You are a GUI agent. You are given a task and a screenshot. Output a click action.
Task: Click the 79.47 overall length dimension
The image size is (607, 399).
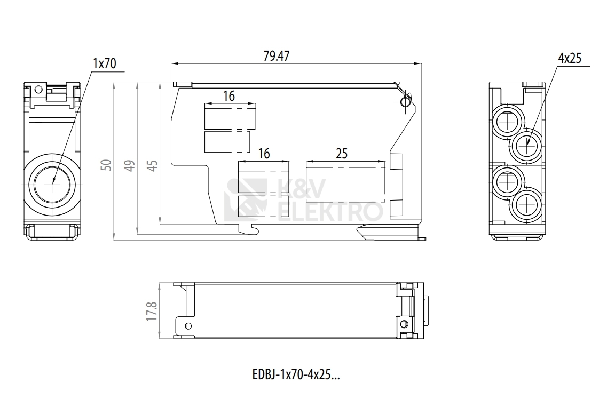[x=277, y=56]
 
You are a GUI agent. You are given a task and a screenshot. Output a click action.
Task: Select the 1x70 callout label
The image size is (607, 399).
[x=105, y=63]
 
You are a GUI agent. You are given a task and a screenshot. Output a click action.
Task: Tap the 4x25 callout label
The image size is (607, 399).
[x=570, y=58]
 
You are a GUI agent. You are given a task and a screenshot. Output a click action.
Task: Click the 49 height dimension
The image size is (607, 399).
[x=130, y=165]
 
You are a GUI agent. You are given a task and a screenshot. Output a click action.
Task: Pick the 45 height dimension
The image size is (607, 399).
[x=153, y=165]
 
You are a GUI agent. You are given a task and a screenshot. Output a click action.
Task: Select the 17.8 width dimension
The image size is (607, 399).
[x=152, y=312]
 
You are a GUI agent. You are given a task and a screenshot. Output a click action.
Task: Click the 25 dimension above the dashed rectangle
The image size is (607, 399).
[x=342, y=154]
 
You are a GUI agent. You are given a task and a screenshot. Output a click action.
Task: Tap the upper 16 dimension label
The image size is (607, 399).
[x=229, y=95]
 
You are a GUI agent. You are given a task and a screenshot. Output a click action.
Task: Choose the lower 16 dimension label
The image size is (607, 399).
[x=264, y=154]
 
